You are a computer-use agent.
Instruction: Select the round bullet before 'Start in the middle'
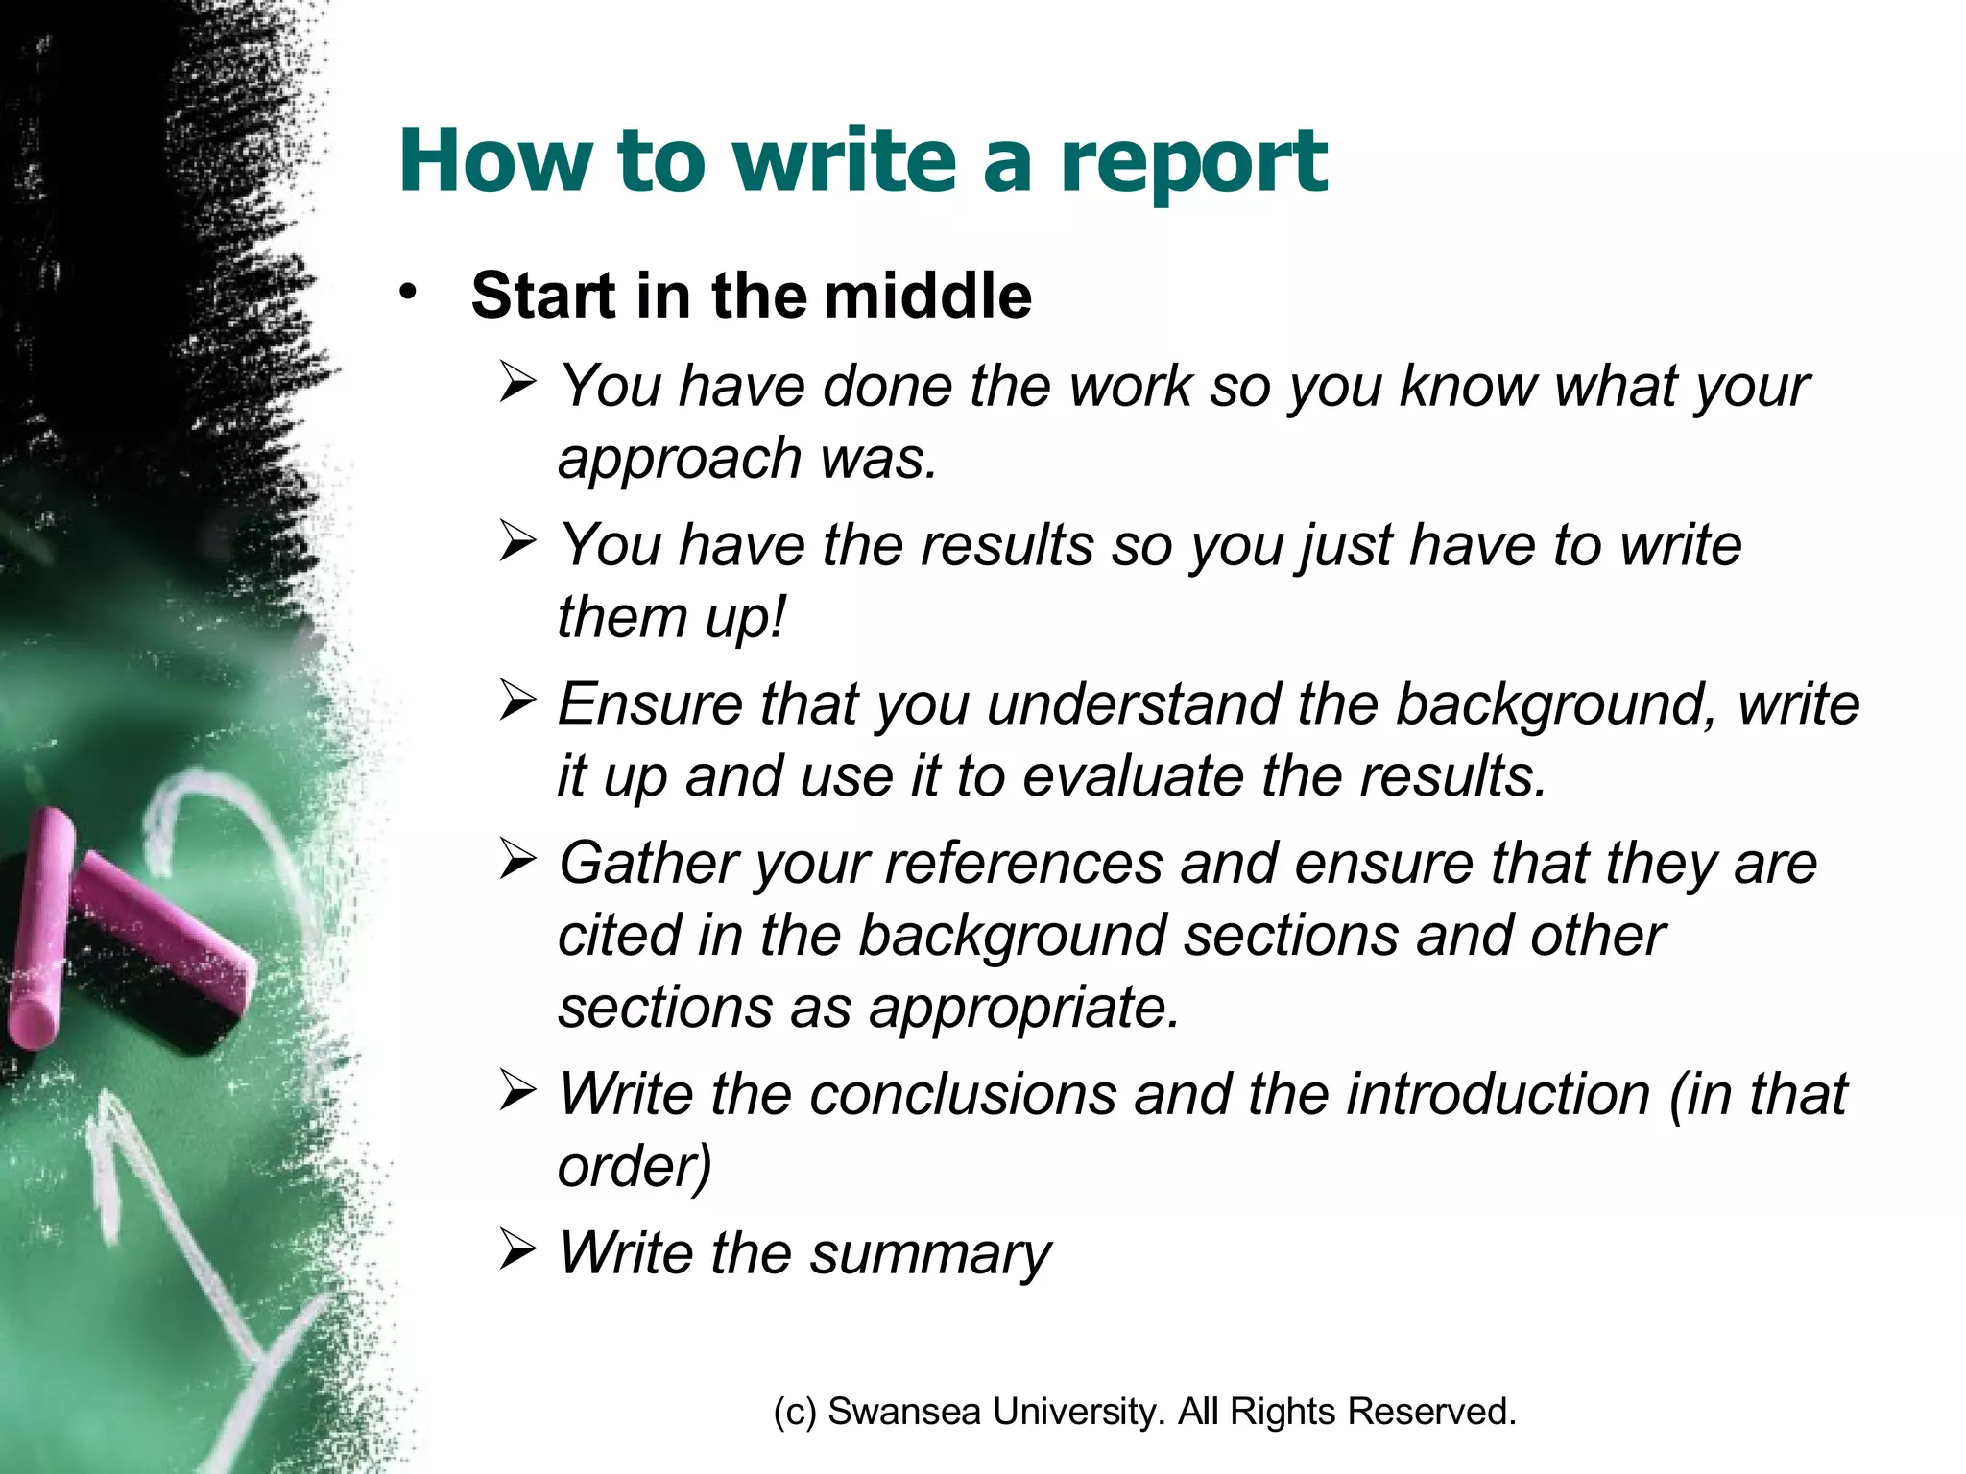click(x=409, y=292)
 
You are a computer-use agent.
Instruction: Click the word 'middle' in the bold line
click(x=927, y=296)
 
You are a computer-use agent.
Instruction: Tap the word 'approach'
click(x=680, y=459)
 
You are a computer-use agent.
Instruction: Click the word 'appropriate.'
click(x=1024, y=1009)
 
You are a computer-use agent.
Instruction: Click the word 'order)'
click(x=635, y=1167)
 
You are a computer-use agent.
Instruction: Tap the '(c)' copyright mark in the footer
click(x=795, y=1413)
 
